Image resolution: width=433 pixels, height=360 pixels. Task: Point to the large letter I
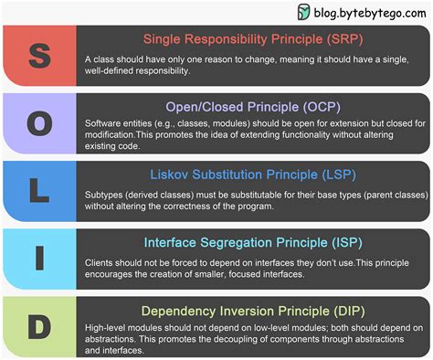point(38,258)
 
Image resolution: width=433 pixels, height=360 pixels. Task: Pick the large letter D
point(38,324)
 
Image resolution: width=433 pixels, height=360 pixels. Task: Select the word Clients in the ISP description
point(100,261)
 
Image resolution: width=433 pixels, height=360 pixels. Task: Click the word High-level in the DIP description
point(107,328)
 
